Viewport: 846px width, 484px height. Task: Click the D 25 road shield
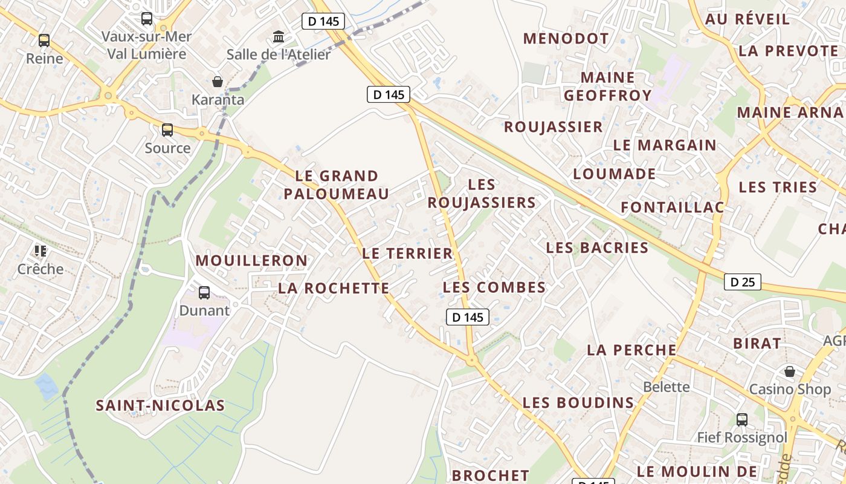[x=743, y=282]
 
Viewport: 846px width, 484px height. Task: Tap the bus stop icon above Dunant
[x=204, y=293]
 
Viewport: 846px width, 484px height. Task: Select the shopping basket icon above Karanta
[x=218, y=82]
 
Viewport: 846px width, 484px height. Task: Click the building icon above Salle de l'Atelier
[x=279, y=37]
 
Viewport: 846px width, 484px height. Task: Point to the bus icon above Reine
[x=44, y=41]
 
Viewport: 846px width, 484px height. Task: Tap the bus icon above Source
[x=167, y=130]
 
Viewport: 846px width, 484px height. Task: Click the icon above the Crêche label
[x=40, y=250]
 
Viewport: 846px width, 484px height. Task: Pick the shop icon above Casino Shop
[x=789, y=371]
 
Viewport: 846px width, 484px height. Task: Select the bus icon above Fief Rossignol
[x=742, y=419]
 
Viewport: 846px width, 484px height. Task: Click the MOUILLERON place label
[x=251, y=261]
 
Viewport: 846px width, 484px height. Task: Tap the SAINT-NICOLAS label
[x=160, y=405]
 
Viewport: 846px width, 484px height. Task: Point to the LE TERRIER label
[x=407, y=253]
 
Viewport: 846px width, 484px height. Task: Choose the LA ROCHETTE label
[x=334, y=289]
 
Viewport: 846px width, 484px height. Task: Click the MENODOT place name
[x=566, y=39]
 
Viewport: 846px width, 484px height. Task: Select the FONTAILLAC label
[x=672, y=208]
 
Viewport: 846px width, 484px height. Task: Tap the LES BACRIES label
[x=597, y=247]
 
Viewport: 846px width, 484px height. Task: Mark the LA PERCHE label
[x=631, y=350]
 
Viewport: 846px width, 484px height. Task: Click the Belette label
[x=666, y=387]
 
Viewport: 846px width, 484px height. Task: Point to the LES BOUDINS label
[x=578, y=402]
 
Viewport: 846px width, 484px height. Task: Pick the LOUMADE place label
[x=614, y=174]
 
